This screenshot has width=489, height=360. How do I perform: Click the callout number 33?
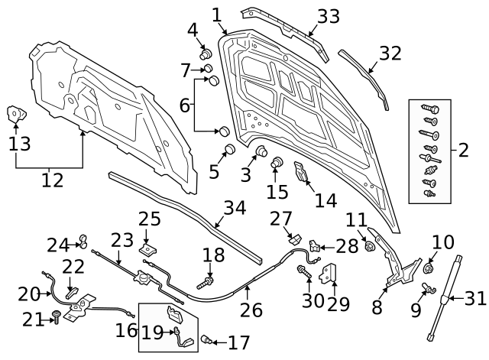pyautogui.click(x=328, y=15)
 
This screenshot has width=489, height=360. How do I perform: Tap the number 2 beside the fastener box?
pyautogui.click(x=463, y=149)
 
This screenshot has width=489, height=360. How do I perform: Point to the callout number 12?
pyautogui.click(x=51, y=180)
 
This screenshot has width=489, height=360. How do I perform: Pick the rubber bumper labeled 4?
pyautogui.click(x=205, y=54)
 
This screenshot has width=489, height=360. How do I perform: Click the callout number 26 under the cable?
pyautogui.click(x=251, y=310)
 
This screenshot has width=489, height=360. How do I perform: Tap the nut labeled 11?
pyautogui.click(x=370, y=246)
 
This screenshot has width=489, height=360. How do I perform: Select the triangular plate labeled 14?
pyautogui.click(x=303, y=174)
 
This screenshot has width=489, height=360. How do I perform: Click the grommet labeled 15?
pyautogui.click(x=277, y=162)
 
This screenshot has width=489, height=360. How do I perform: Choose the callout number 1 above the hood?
pyautogui.click(x=216, y=15)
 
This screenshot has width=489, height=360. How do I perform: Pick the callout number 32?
pyautogui.click(x=390, y=54)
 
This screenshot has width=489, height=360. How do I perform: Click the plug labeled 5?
pyautogui.click(x=227, y=150)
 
